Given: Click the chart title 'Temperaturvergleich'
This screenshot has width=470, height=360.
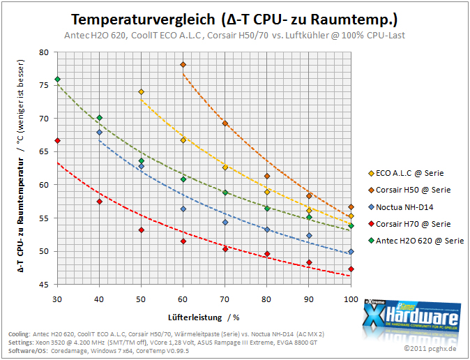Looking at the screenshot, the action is (143, 20).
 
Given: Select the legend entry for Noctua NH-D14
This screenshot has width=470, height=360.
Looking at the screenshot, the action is (401, 207).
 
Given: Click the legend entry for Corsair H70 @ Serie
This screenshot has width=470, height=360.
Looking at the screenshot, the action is (409, 224).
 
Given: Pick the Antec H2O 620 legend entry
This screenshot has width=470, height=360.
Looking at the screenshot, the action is (416, 241).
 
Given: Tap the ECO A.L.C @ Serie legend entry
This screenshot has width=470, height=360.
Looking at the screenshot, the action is (406, 173).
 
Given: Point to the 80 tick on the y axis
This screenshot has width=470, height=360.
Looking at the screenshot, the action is (44, 52).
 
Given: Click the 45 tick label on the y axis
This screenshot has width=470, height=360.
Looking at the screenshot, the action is (44, 285).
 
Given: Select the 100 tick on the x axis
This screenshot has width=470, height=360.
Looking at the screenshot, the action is (351, 299).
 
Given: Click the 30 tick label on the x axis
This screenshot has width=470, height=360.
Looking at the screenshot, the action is (57, 299).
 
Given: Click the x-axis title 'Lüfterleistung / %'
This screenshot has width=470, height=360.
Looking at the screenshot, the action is (204, 317).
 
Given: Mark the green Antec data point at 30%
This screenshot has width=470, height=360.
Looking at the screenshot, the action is (58, 80).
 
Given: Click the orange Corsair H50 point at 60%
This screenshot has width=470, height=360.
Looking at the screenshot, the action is (183, 64).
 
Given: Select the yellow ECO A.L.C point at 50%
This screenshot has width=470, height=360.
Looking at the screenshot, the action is (141, 91).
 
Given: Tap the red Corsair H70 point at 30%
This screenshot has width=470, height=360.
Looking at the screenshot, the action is (58, 140).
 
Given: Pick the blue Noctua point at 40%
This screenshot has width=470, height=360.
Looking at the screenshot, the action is (100, 133).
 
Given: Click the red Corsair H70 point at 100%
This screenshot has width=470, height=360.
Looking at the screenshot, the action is (351, 269).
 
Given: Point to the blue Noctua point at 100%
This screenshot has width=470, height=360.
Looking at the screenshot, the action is (351, 252).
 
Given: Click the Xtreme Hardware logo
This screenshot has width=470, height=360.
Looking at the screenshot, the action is (411, 315).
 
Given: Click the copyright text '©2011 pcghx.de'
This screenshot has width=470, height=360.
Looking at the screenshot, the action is (430, 348).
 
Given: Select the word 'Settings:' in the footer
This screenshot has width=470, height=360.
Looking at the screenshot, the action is (21, 343).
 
